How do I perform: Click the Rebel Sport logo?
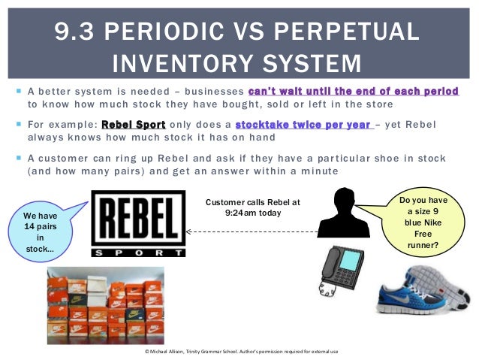138,223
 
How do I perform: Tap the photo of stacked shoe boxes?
105,304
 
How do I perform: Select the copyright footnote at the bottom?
239,351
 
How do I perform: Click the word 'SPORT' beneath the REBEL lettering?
138,253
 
